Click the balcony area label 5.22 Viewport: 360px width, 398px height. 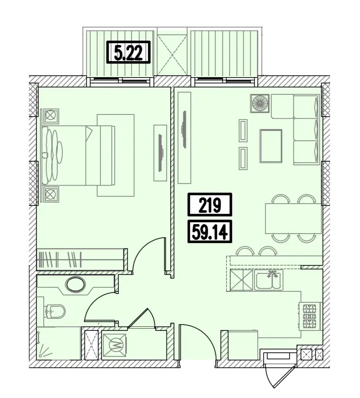coord(128,52)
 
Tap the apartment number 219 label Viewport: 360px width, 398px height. coord(210,205)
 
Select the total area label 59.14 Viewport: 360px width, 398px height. coord(210,231)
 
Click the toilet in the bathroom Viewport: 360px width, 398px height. coord(55,311)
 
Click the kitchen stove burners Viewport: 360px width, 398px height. coord(310,316)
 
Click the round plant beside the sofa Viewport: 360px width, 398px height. coord(260,103)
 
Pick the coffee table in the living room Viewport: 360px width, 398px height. coord(271,146)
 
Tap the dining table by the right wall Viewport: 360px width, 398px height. coord(293,218)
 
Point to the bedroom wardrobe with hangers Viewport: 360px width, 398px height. coord(80,259)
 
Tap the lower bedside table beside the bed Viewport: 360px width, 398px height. coord(51,194)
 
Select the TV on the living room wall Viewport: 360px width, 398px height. coord(184,129)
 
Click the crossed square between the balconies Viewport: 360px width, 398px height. coord(172,54)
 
